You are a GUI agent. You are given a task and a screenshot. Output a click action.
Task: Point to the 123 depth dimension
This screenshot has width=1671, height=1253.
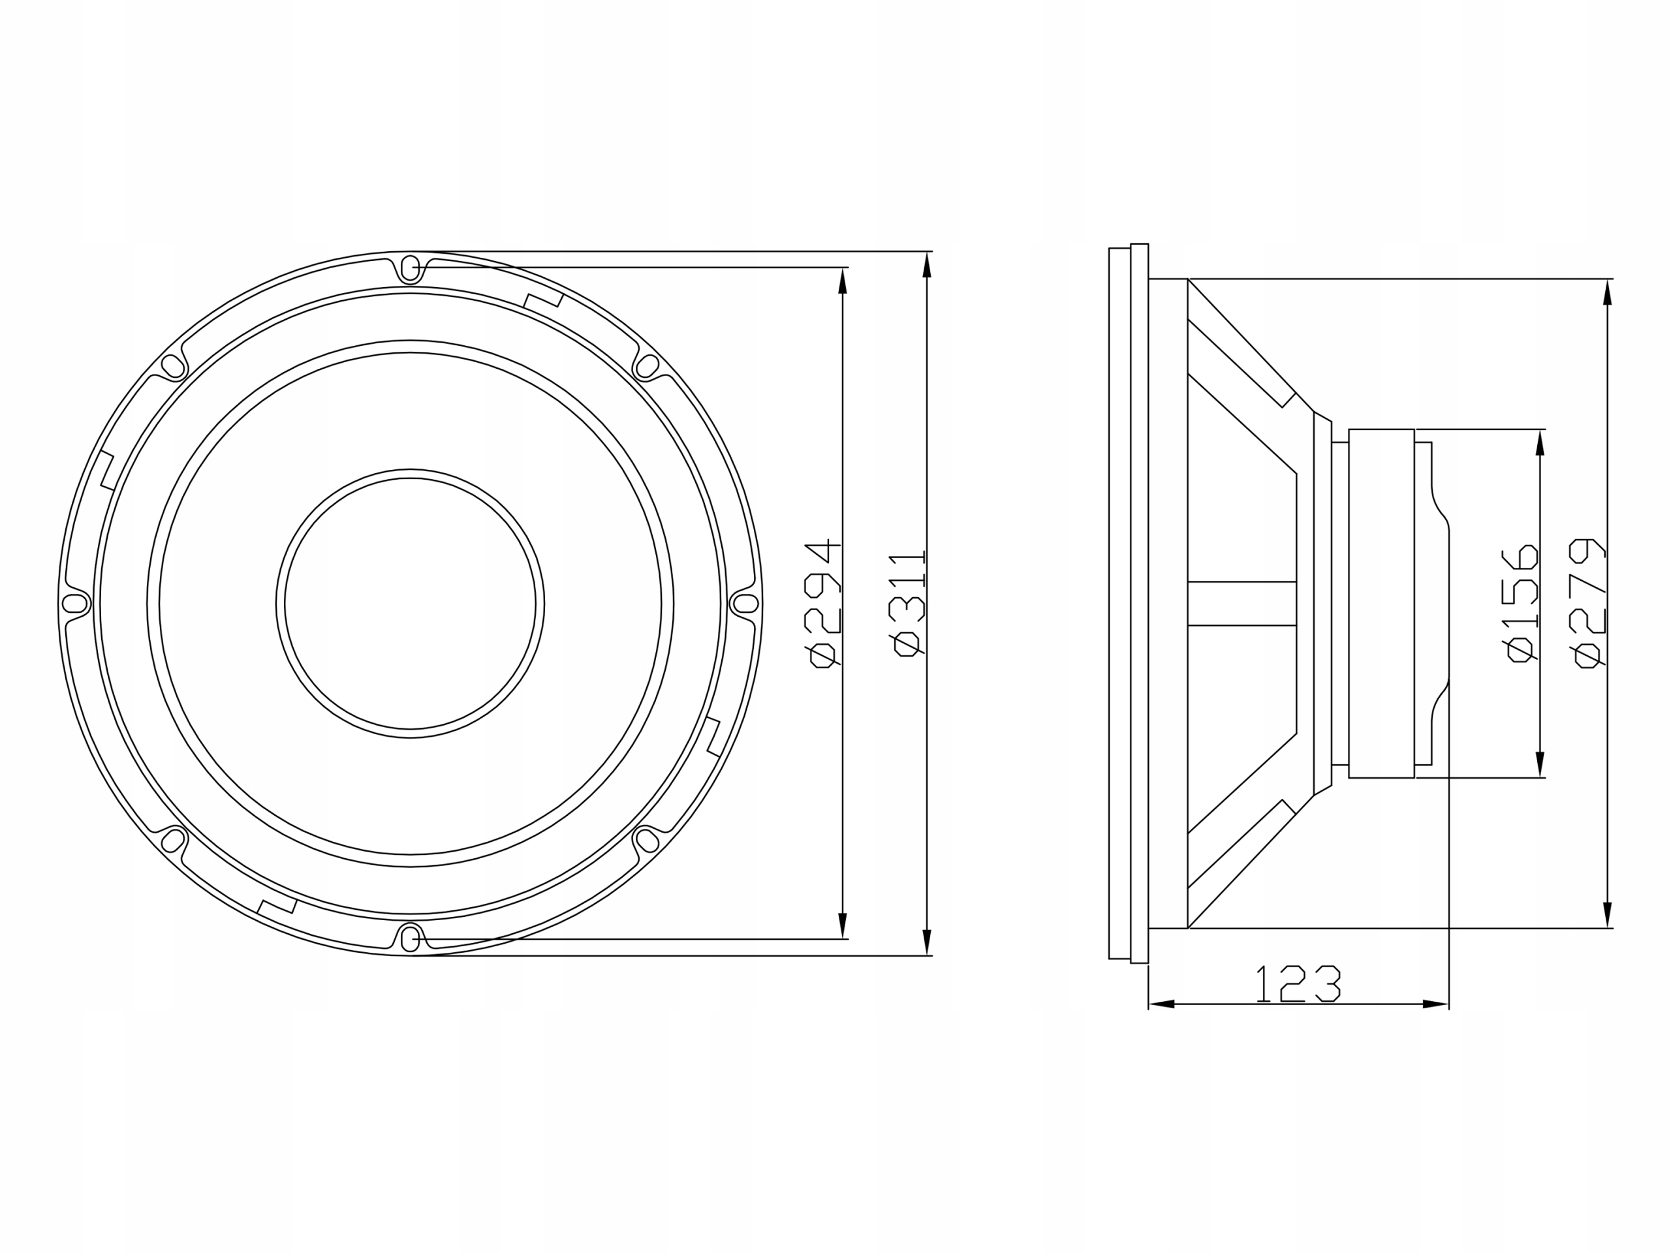1298,984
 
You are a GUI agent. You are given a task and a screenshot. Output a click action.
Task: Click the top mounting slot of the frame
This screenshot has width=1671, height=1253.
410,268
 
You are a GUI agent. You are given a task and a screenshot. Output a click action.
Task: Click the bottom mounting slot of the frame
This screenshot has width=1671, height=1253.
410,940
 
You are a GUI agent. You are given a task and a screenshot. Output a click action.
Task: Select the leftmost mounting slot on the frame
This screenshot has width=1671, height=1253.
74,604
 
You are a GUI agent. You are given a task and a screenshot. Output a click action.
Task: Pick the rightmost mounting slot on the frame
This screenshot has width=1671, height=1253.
745,604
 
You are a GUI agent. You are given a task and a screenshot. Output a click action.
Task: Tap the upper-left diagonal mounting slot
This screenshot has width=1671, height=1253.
173,366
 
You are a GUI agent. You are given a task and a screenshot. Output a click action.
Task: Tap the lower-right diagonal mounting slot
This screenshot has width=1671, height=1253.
648,841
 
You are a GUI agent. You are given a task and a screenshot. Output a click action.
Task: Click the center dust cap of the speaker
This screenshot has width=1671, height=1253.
410,604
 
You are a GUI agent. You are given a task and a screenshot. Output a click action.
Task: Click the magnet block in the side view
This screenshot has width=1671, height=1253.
1381,604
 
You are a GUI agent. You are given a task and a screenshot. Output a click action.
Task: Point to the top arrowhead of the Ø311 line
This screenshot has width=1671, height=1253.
927,265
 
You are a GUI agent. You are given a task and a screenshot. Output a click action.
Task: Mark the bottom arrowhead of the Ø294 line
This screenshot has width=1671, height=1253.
843,925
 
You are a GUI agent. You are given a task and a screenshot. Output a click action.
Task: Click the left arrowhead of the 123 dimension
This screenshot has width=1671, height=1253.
1162,1004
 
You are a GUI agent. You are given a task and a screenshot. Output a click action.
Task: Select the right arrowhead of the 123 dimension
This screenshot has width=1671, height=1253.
1435,1004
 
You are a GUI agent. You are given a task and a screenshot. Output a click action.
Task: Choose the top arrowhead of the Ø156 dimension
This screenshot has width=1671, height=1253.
1540,443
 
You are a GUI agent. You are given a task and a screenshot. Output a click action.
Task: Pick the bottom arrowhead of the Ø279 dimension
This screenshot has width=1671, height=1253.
1607,915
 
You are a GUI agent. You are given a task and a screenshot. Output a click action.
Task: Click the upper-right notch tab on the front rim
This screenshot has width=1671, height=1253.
544,301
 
